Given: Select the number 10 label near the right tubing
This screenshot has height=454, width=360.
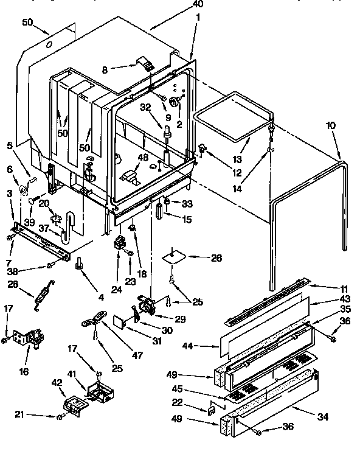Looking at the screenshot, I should pyautogui.click(x=330, y=125).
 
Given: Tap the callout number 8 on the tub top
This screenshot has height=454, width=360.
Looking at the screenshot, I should pyautogui.click(x=105, y=69).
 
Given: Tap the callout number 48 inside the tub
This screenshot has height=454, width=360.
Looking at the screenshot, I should pyautogui.click(x=144, y=157).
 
